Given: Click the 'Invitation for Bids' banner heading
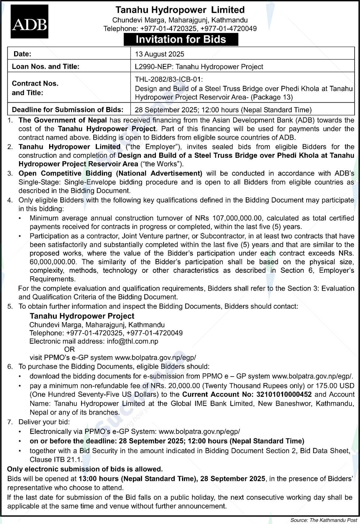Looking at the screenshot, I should coord(181,40).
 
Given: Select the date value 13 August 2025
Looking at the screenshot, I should coord(159,54).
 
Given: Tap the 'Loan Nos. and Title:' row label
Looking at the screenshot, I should coord(45,66).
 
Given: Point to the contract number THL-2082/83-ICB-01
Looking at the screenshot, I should coord(169,80).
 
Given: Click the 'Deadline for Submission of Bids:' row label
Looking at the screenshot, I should coord(67,109).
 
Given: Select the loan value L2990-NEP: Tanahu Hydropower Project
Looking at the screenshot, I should coord(199,66).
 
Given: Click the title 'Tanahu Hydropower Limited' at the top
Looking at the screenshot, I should coord(180,10).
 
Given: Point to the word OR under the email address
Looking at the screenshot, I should coord(70,349).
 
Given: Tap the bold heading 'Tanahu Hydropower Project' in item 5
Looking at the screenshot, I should coord(82,316).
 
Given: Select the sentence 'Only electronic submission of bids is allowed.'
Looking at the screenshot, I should coord(85,469).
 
